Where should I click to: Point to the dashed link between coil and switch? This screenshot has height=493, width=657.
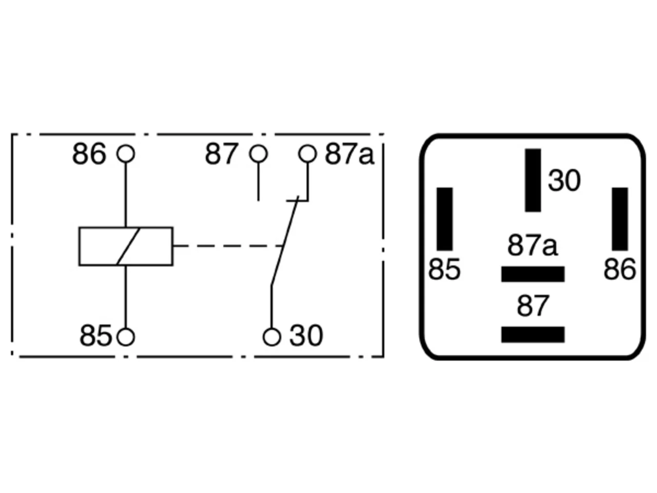pos(228,246)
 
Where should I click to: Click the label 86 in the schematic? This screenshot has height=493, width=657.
pos(89,154)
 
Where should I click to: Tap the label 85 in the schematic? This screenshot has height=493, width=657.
pos(95,335)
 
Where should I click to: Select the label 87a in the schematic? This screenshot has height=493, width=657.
pos(350,154)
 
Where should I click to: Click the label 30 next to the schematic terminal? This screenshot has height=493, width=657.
pos(306,335)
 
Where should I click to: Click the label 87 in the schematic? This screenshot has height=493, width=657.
pos(222,154)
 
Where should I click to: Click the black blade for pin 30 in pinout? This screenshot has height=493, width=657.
pos(533,180)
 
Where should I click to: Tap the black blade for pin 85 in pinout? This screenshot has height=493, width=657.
pos(445,219)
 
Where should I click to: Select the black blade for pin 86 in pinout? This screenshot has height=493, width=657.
pos(620,219)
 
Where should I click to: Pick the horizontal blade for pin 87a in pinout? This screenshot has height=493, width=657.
pos(533,274)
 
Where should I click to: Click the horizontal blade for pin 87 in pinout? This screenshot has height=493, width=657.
pos(533,334)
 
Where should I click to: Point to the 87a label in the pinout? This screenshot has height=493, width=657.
pos(532,245)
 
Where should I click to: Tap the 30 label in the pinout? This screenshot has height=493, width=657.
pos(564,180)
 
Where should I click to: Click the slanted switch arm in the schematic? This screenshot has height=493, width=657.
pos(285,241)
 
